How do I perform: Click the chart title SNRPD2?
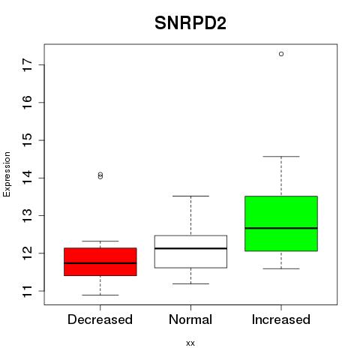point(190,23)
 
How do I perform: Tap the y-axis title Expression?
point(7,174)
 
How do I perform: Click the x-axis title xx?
point(190,343)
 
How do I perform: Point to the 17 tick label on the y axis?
point(27,64)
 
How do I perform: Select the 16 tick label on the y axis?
point(27,103)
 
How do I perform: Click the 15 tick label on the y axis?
point(27,140)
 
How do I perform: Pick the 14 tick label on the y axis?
point(27,178)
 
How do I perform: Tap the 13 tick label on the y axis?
point(27,215)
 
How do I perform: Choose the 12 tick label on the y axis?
point(27,253)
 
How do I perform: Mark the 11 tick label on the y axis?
point(27,291)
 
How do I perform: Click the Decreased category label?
point(100,319)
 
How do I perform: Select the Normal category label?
point(190,319)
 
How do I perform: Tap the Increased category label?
point(281,319)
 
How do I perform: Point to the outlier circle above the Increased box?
point(281,54)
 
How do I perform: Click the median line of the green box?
point(281,228)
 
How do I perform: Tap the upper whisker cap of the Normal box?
point(190,196)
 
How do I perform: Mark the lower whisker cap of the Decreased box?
point(100,295)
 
